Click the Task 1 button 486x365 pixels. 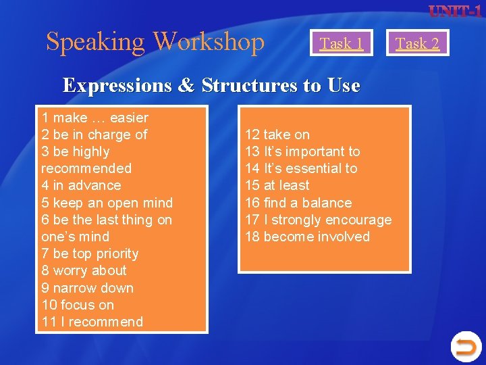pyautogui.click(x=342, y=43)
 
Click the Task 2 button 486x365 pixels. pyautogui.click(x=417, y=43)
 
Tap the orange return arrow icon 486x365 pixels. pyautogui.click(x=465, y=347)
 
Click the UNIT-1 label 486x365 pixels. pyautogui.click(x=455, y=11)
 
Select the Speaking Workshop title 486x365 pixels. pyautogui.click(x=155, y=42)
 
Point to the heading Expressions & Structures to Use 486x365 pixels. pyautogui.click(x=211, y=86)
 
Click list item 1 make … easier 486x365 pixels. pyautogui.click(x=94, y=118)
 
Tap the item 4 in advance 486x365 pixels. pyautogui.click(x=81, y=185)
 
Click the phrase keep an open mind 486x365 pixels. pyautogui.click(x=107, y=203)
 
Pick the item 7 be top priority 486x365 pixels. pyautogui.click(x=90, y=253)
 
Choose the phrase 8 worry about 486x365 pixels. pyautogui.click(x=84, y=270)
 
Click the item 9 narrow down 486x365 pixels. pyautogui.click(x=87, y=288)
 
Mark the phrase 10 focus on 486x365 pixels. pyautogui.click(x=78, y=305)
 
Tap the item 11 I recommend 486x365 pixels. pyautogui.click(x=92, y=322)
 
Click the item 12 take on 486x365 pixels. pyautogui.click(x=277, y=135)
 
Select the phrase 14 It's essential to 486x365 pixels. pyautogui.click(x=301, y=168)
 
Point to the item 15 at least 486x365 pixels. pyautogui.click(x=277, y=185)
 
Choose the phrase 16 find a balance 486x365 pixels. pyautogui.click(x=298, y=203)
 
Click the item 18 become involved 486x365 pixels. pyautogui.click(x=307, y=237)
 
